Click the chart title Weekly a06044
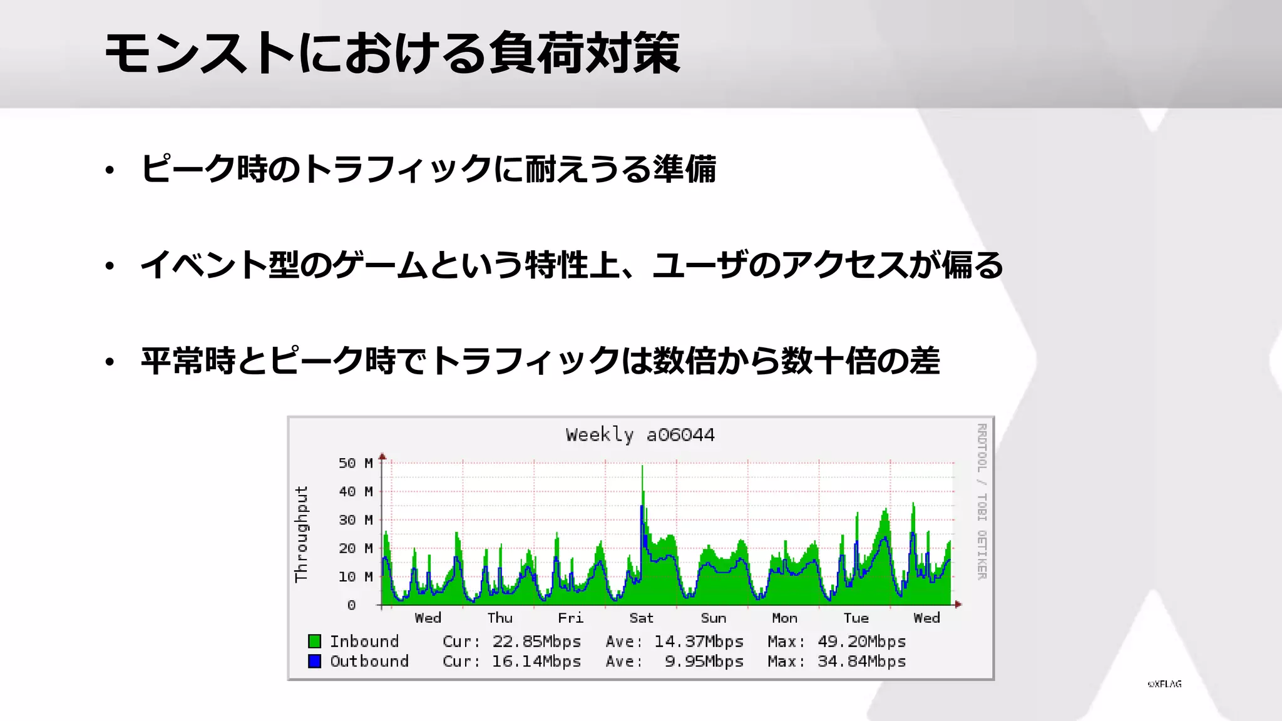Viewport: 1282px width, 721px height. (x=640, y=434)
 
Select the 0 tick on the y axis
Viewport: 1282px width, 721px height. (x=351, y=605)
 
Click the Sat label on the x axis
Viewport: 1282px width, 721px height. (x=641, y=618)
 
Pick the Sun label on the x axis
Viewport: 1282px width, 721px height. (x=713, y=618)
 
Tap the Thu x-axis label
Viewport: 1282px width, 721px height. (x=500, y=618)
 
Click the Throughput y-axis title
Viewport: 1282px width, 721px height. (x=302, y=534)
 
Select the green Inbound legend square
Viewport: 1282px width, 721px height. (x=315, y=641)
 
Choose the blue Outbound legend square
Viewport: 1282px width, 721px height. (x=315, y=661)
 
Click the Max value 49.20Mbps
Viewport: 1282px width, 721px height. (x=861, y=642)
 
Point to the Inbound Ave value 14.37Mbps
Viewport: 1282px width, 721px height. (x=699, y=642)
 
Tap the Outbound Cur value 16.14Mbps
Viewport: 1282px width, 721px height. (x=536, y=662)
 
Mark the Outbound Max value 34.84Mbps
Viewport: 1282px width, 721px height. (x=861, y=662)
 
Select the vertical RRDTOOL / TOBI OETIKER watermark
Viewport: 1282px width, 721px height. (x=982, y=501)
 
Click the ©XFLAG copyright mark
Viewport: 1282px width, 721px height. (x=1164, y=684)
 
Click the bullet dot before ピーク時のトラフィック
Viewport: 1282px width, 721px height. (x=110, y=170)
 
